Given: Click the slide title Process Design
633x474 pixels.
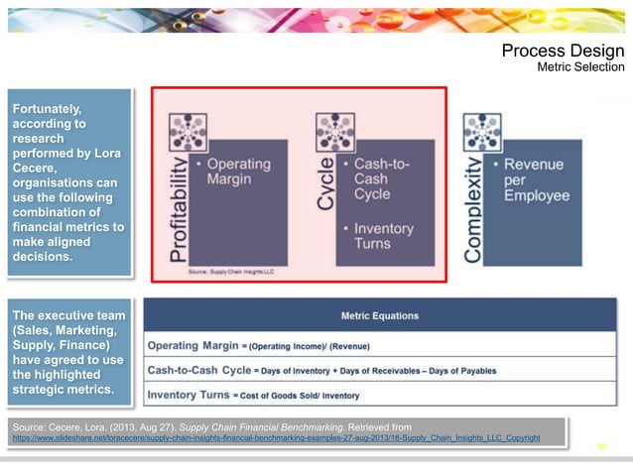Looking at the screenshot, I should tap(563, 52).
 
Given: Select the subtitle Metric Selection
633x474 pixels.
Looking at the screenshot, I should tap(580, 67).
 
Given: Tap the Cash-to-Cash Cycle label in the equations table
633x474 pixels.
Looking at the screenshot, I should tap(198, 370).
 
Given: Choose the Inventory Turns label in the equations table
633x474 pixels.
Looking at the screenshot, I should tap(188, 396).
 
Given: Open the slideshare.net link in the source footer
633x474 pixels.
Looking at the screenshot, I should tap(276, 437).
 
